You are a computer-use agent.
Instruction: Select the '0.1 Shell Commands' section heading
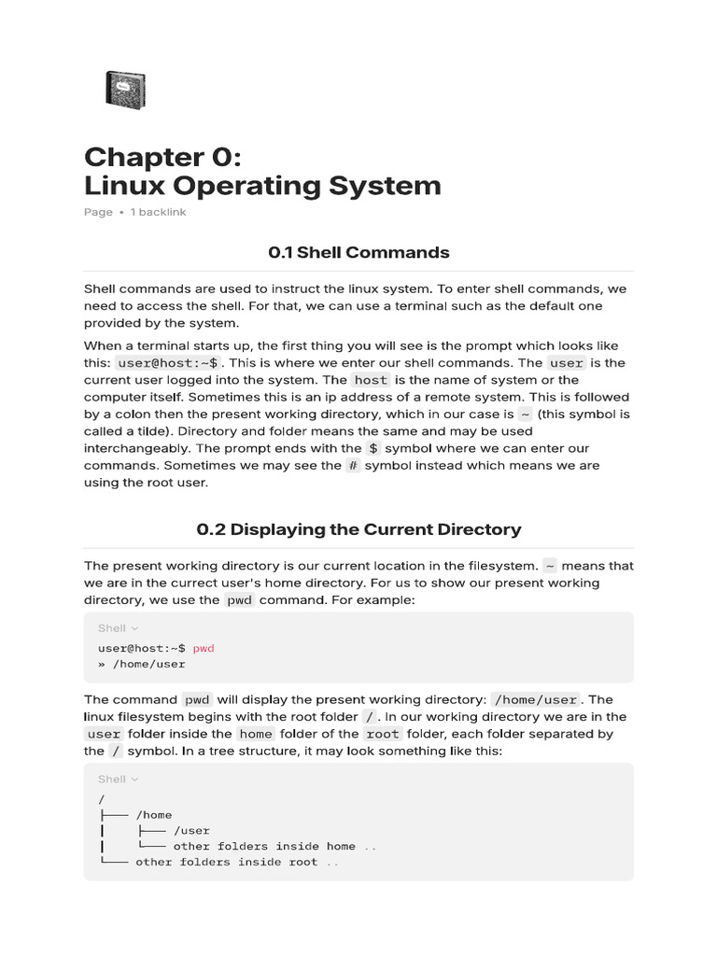[358, 252]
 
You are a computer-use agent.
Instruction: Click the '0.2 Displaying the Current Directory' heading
[358, 529]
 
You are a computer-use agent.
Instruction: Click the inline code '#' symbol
[353, 465]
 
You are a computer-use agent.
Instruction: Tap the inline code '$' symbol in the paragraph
[373, 448]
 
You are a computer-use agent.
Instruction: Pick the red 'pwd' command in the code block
[204, 647]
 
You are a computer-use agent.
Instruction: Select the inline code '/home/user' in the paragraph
[536, 699]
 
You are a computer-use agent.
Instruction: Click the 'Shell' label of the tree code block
[112, 779]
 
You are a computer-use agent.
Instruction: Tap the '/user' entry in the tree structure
[191, 831]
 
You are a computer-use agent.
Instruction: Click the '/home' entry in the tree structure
[153, 815]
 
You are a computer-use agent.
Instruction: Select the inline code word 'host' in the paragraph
[370, 380]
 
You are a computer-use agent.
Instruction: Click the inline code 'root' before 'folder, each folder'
[383, 734]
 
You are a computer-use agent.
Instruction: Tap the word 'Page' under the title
[98, 212]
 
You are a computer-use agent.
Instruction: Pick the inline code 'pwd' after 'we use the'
[239, 599]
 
